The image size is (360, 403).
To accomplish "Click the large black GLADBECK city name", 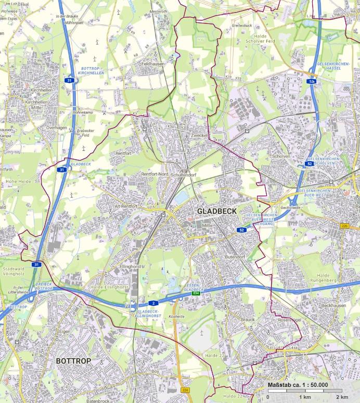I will (x=217, y=211).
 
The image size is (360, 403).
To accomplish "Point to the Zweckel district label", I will (x=199, y=135).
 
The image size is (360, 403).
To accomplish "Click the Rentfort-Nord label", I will (x=155, y=174).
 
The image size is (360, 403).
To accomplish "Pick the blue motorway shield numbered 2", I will (x=154, y=302).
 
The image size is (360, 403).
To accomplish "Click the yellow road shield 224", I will (x=186, y=389).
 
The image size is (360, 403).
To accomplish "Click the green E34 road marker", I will (x=196, y=294).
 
